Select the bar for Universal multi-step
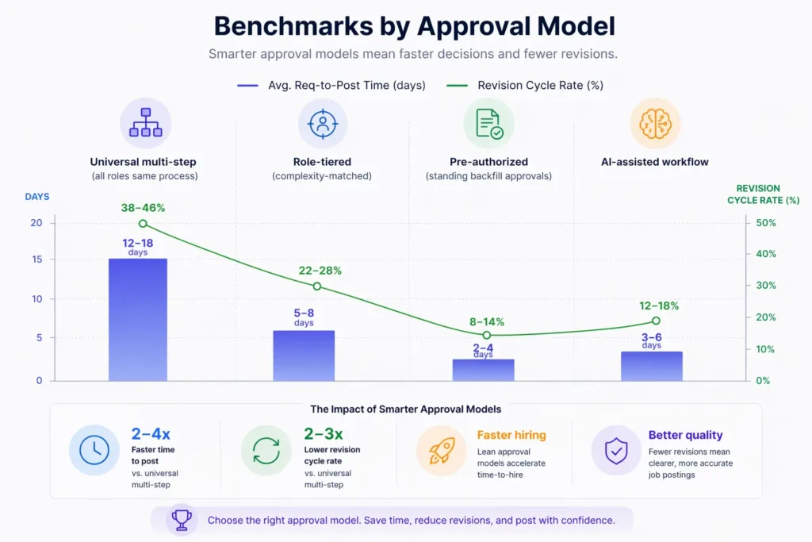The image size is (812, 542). [x=137, y=319]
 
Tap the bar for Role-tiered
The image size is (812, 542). [x=304, y=355]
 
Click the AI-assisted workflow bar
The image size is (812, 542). [x=652, y=365]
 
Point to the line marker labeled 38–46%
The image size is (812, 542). [x=143, y=224]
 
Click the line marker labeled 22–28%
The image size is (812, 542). [x=316, y=286]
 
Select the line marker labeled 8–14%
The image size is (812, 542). [x=487, y=335]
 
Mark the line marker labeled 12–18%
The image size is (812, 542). [x=656, y=321]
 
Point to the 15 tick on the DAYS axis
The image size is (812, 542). [x=36, y=259]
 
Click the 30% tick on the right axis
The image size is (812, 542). [x=765, y=286]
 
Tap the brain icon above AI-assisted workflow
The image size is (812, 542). [x=655, y=123]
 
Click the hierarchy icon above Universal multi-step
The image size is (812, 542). [x=145, y=123]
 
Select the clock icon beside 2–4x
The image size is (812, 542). [x=94, y=450]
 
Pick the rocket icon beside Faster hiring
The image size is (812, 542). [x=442, y=450]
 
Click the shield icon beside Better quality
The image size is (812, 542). [x=616, y=450]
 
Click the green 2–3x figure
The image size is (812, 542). [x=324, y=434]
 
